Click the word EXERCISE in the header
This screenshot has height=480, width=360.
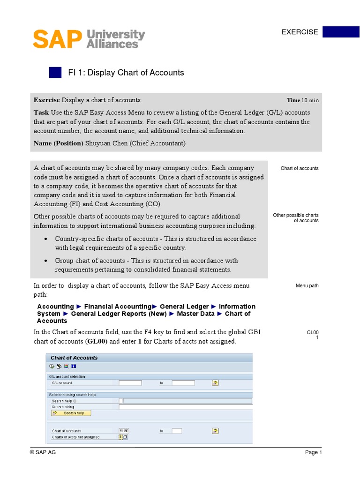coord(300,32)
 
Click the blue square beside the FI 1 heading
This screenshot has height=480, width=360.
coord(55,73)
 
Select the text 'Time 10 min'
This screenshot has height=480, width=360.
coord(303,100)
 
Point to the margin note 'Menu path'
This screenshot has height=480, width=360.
coord(307,285)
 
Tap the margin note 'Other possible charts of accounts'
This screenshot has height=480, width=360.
coord(296,218)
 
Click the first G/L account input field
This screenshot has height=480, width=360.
coord(130,383)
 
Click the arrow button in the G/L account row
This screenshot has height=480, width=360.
coord(215,383)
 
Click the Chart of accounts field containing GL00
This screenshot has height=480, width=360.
coord(124,431)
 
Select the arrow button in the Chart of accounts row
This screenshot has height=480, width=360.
coord(215,431)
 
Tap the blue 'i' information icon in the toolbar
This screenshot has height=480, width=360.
coord(74,367)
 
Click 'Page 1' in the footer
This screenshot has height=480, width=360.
coord(314,452)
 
